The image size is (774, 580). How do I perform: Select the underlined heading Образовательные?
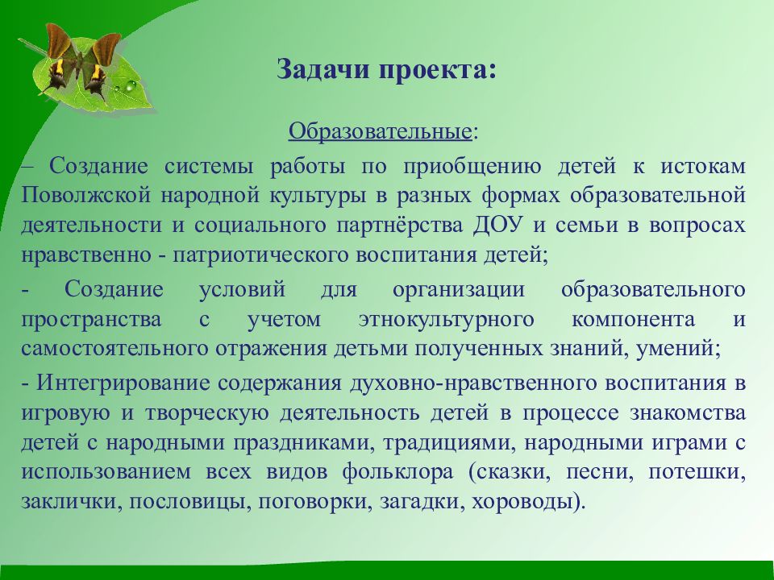click(x=380, y=131)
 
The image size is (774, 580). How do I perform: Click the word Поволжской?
click(x=86, y=195)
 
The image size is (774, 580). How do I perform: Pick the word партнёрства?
click(x=399, y=226)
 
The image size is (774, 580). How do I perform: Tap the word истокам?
click(x=703, y=166)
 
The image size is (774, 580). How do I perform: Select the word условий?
click(x=243, y=289)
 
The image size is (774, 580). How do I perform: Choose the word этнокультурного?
click(x=446, y=320)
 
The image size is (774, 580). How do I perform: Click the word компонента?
click(x=634, y=320)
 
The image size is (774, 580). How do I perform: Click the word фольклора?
click(x=397, y=472)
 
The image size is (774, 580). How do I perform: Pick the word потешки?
click(x=696, y=472)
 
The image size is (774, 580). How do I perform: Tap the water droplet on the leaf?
click(x=131, y=86)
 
